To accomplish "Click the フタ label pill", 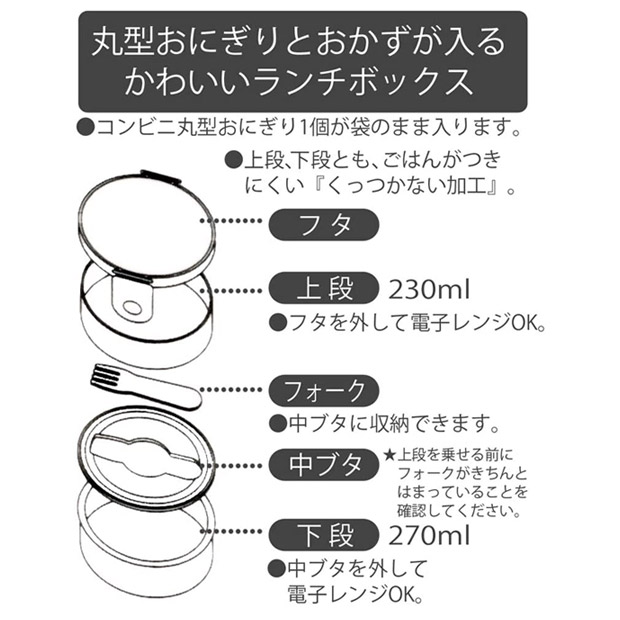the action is pyautogui.click(x=324, y=225).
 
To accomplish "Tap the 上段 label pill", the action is pyautogui.click(x=324, y=288).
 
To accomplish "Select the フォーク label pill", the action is pyautogui.click(x=324, y=391).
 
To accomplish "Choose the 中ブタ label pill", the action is pyautogui.click(x=324, y=465).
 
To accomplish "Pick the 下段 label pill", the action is pyautogui.click(x=324, y=535).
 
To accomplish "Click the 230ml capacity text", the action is pyautogui.click(x=429, y=289).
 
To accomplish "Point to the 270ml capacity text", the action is pyautogui.click(x=429, y=536).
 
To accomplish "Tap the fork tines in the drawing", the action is pyautogui.click(x=105, y=376).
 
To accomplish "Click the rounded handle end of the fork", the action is pyautogui.click(x=190, y=398).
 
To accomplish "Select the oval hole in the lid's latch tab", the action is pyautogui.click(x=132, y=307).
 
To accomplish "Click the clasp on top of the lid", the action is pyautogui.click(x=161, y=177).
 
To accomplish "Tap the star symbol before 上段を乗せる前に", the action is pyautogui.click(x=389, y=456).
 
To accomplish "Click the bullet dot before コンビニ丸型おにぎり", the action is pyautogui.click(x=85, y=127).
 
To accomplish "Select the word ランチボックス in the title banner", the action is pyautogui.click(x=363, y=82).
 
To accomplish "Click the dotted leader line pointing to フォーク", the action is pyautogui.click(x=231, y=390).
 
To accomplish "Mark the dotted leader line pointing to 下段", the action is pyautogui.click(x=231, y=532).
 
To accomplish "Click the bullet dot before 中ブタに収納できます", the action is pyautogui.click(x=278, y=424).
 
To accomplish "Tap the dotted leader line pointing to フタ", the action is pyautogui.click(x=231, y=221).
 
